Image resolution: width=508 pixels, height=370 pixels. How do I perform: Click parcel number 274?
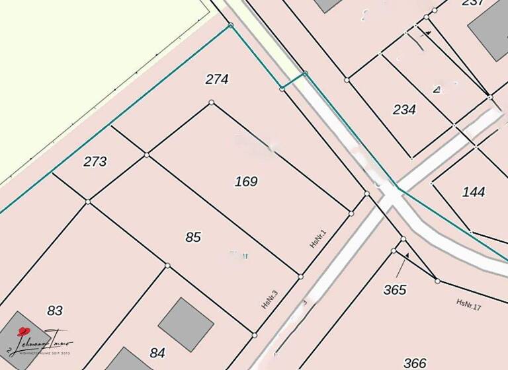(x=217, y=79)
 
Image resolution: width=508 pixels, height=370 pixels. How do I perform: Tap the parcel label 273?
(x=95, y=161)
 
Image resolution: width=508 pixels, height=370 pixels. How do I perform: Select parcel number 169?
(x=246, y=181)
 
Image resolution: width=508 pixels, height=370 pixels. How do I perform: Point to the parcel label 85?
(x=193, y=237)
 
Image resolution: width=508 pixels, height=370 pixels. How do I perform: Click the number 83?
(x=55, y=310)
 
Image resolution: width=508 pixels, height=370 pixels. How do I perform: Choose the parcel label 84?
(x=157, y=353)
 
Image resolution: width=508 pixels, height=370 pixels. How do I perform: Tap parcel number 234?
(x=404, y=110)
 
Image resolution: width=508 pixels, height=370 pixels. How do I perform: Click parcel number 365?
(x=394, y=289)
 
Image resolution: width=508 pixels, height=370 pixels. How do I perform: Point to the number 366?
(x=415, y=363)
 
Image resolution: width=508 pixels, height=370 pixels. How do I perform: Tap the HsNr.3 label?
(x=269, y=299)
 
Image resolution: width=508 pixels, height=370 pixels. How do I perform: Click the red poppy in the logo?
(x=24, y=332)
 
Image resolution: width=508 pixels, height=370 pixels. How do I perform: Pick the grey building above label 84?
(x=186, y=324)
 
